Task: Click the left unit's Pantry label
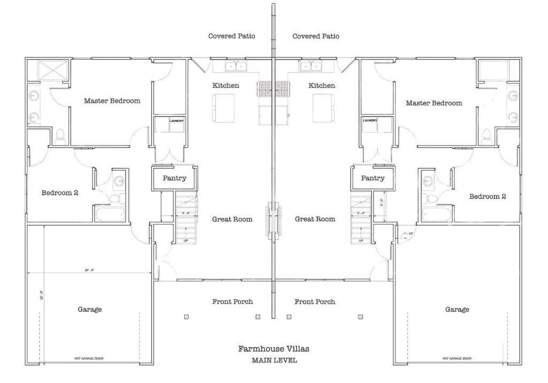pos(174,178)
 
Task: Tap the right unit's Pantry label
pos(372,178)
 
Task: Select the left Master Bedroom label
pos(112,101)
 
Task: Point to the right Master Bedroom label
pos(433,103)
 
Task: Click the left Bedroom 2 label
pos(60,193)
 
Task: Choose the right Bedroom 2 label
pos(487,196)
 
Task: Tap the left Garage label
pos(89,309)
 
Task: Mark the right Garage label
pos(456,309)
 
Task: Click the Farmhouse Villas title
pos(273,349)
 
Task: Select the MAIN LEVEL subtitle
pos(274,360)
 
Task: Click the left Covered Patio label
pos(231,36)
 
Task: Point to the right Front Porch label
pos(315,302)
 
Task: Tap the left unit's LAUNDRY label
pos(177,120)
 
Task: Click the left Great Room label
pos(232,219)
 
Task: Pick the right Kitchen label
pos(322,86)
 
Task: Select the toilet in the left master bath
pos(60,137)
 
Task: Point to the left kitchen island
pos(224,108)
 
